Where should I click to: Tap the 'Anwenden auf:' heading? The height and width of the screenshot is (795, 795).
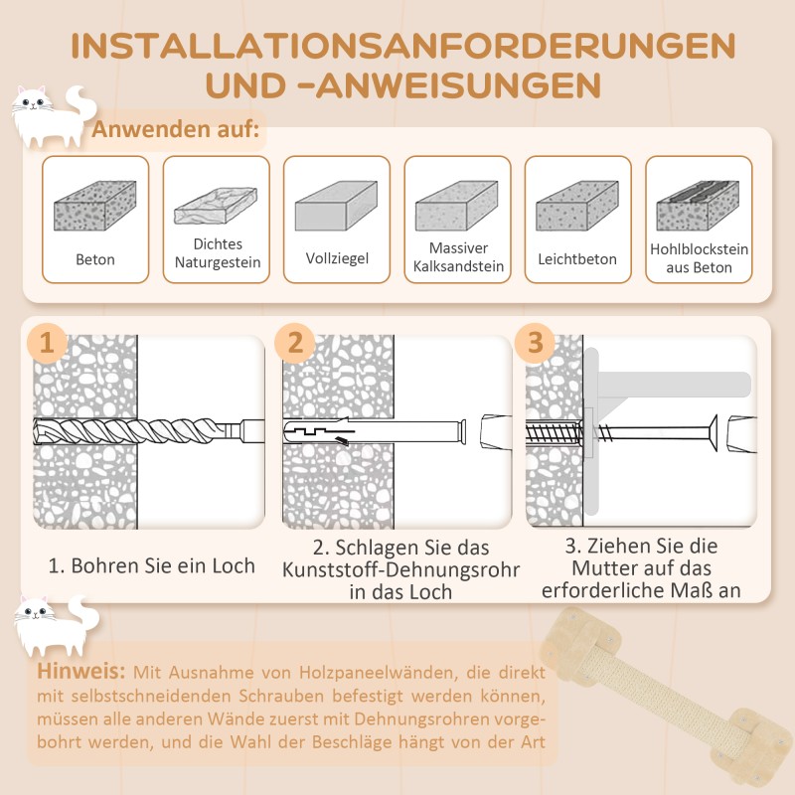[x=176, y=130]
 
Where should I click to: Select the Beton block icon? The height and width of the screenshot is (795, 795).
[x=95, y=210]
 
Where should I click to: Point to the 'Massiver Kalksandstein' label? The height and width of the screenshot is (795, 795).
[x=458, y=257]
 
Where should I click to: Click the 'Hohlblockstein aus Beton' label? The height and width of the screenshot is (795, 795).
[x=699, y=258]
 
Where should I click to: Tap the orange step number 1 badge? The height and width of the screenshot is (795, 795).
[x=48, y=343]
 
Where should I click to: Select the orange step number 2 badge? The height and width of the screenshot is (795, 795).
[x=294, y=343]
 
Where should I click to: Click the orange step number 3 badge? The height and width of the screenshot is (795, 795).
[x=536, y=343]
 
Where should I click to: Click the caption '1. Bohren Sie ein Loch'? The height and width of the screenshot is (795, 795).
[x=152, y=566]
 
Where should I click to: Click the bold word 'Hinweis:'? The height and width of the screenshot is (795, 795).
[x=80, y=671]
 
